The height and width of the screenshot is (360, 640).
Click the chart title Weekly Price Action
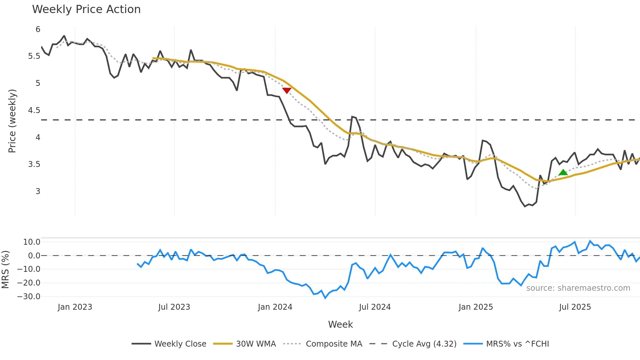[86, 9]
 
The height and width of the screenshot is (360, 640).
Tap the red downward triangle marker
[287, 90]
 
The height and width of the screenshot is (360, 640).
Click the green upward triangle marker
[563, 172]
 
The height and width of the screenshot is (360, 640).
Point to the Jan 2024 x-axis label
[275, 307]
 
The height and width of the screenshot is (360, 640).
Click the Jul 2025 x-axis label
[575, 307]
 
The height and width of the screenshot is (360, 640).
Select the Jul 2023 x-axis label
[174, 307]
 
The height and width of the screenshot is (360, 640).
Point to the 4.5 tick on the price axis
[34, 110]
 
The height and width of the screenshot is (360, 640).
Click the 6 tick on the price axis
[38, 29]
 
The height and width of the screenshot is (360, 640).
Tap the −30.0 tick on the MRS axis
[29, 297]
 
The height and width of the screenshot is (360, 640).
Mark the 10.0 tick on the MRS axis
[32, 242]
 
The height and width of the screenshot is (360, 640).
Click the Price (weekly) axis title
[12, 121]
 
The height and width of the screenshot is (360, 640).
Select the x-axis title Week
[340, 324]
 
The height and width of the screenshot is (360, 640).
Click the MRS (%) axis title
[5, 270]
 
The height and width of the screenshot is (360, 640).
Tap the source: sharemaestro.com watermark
[578, 288]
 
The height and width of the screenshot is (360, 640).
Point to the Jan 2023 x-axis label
[75, 307]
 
